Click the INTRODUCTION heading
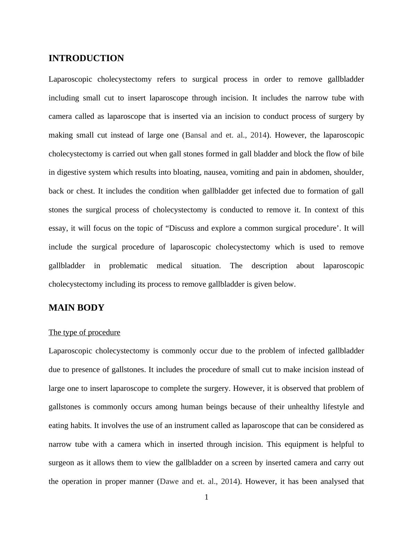86,58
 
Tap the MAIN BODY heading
76,308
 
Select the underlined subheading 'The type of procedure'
84,332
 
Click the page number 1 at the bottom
206,497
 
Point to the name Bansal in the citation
196,135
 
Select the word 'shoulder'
348,172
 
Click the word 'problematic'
128,266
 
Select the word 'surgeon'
61,463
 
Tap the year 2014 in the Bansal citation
258,135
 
